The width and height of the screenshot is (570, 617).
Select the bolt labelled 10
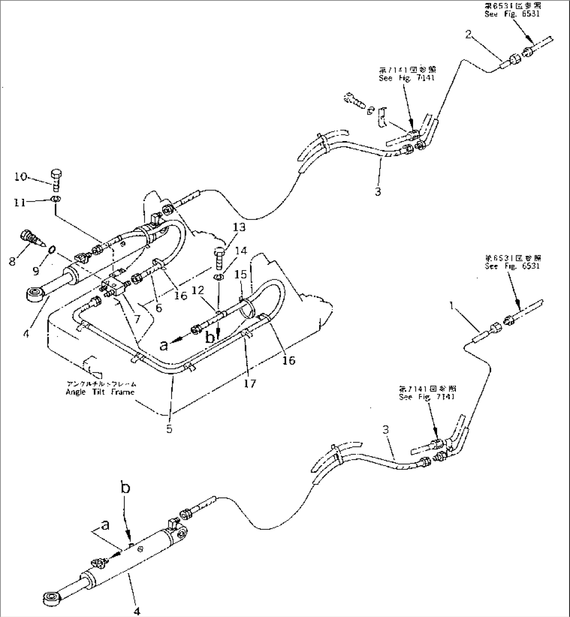56,179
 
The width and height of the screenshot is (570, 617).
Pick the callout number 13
238,227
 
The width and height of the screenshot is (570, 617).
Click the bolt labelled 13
219,257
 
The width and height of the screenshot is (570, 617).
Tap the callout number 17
250,384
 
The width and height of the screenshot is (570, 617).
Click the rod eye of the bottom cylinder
50,596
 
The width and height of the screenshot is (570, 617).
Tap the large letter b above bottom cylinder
125,489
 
